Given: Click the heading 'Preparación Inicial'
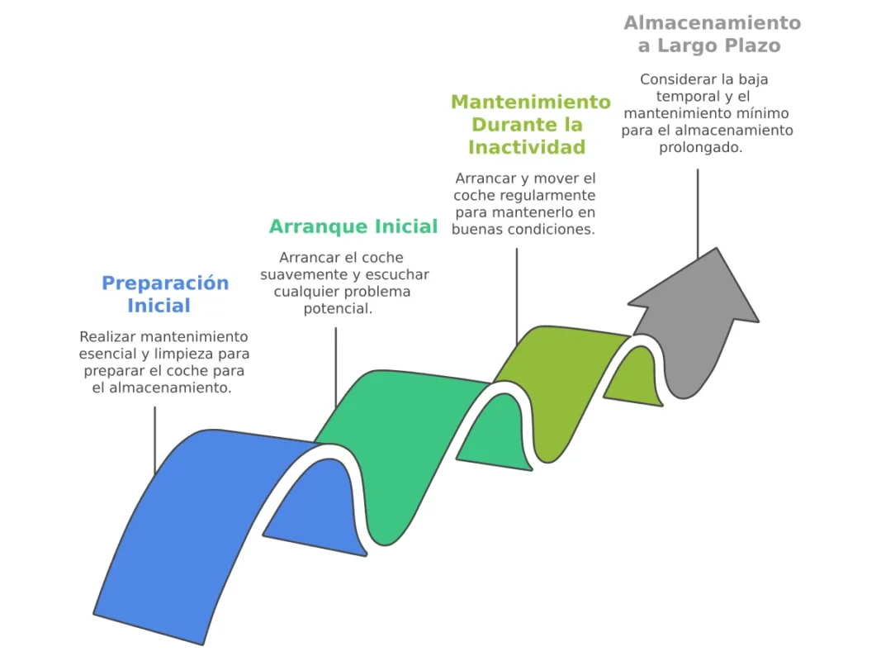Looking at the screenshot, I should click(x=164, y=294).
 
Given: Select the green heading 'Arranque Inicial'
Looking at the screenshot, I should click(x=353, y=226).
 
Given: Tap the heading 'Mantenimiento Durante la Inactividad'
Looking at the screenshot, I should click(x=529, y=125).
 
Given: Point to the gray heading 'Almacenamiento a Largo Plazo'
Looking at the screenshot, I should click(x=712, y=34).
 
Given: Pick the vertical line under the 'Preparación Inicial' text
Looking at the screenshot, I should click(x=154, y=438).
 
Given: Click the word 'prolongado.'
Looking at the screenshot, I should click(x=700, y=148).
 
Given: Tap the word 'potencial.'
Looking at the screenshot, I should click(x=337, y=308).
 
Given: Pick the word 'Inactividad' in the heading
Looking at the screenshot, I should click(x=527, y=148).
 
